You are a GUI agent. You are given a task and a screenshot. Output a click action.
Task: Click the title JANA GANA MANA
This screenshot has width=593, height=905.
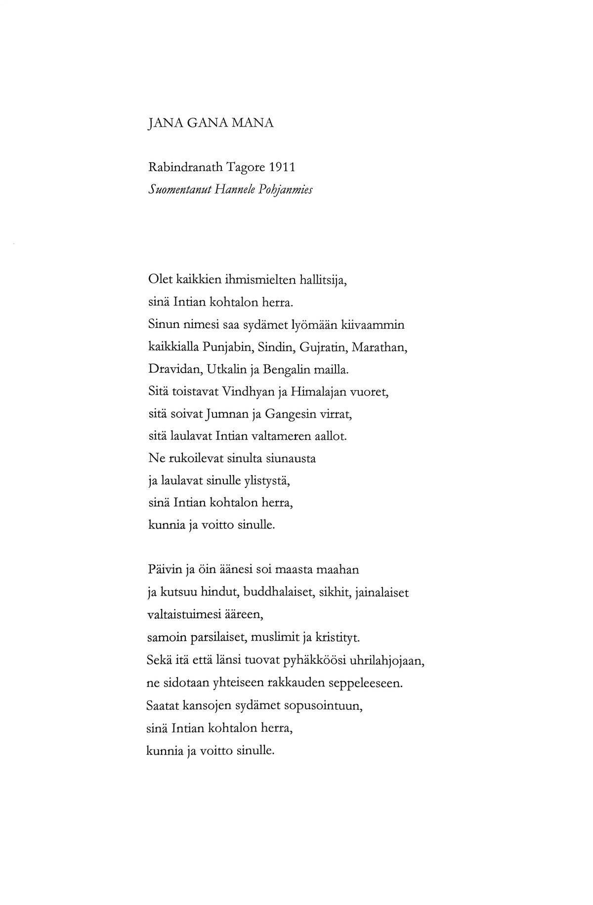[211, 123]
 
